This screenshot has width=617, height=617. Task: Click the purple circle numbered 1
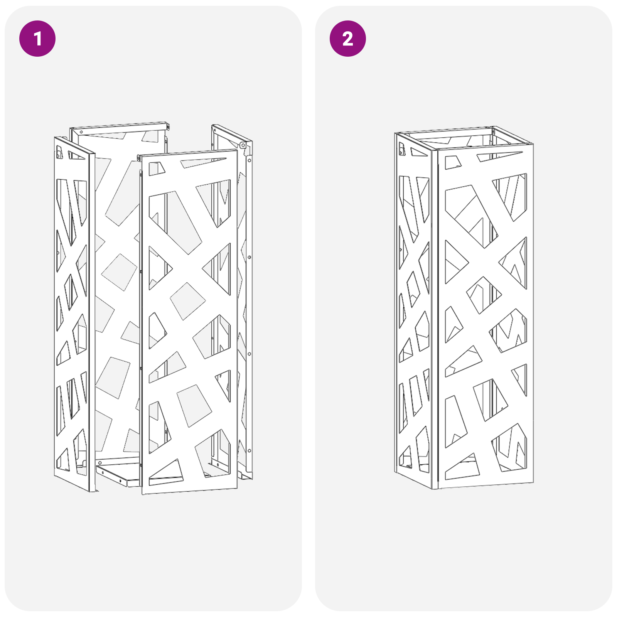pos(37,39)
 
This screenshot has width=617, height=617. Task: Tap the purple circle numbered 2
pos(347,39)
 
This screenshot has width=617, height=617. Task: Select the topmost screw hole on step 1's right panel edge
pos(249,159)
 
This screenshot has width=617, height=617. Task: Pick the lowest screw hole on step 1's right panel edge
pos(249,450)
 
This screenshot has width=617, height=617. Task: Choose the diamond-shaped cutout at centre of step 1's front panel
pos(187,301)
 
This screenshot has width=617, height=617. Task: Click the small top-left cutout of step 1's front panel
pos(156,168)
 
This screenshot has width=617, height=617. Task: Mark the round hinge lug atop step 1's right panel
pos(243,145)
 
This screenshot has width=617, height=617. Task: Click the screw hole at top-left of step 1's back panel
pos(81,132)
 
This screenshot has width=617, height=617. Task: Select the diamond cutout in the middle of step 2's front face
pos(484,295)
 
